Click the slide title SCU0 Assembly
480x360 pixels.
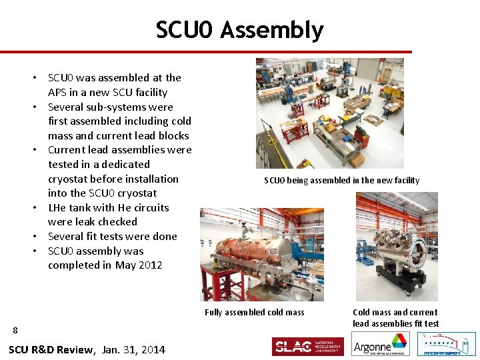point(239,30)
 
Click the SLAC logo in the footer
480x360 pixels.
point(307,346)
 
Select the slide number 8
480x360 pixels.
point(15,329)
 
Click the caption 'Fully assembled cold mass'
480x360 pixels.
point(254,312)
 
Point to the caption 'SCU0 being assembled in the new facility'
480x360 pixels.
point(341,180)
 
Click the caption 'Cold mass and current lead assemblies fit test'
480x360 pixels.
point(395,318)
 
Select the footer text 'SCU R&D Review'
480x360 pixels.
point(51,349)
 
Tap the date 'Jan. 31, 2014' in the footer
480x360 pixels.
point(133,349)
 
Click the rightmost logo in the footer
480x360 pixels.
point(446,344)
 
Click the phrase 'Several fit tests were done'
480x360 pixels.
point(112,236)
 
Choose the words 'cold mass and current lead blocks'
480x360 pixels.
point(119,128)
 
